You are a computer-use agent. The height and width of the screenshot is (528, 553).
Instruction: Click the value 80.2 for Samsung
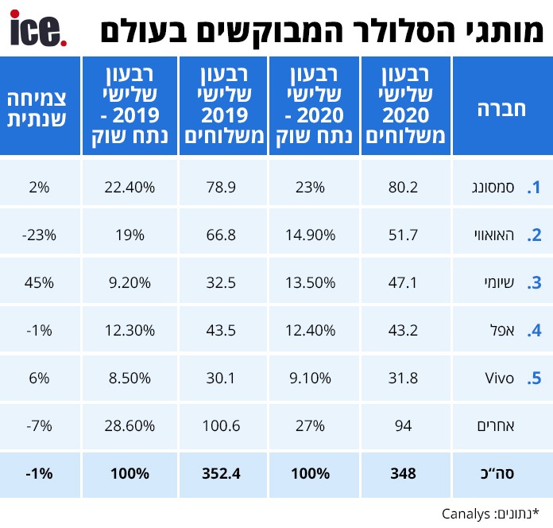(x=404, y=188)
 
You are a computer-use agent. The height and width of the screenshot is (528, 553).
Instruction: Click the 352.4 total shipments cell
(x=222, y=474)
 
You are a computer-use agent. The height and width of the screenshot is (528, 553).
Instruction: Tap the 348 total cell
(x=404, y=474)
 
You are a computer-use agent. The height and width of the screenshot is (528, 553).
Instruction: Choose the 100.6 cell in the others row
(x=222, y=426)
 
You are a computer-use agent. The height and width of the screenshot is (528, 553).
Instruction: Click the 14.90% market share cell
(x=313, y=235)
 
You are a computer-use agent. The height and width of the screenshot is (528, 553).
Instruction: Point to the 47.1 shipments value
(x=404, y=283)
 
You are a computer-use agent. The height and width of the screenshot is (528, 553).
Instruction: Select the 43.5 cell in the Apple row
(x=222, y=331)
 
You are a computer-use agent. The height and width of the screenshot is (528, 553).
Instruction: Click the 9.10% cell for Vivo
(x=313, y=379)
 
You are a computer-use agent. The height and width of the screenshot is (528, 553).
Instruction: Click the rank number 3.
(x=536, y=283)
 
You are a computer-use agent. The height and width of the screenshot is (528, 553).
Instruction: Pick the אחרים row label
(x=500, y=426)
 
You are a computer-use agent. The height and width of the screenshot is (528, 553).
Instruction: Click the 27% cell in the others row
(x=313, y=426)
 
